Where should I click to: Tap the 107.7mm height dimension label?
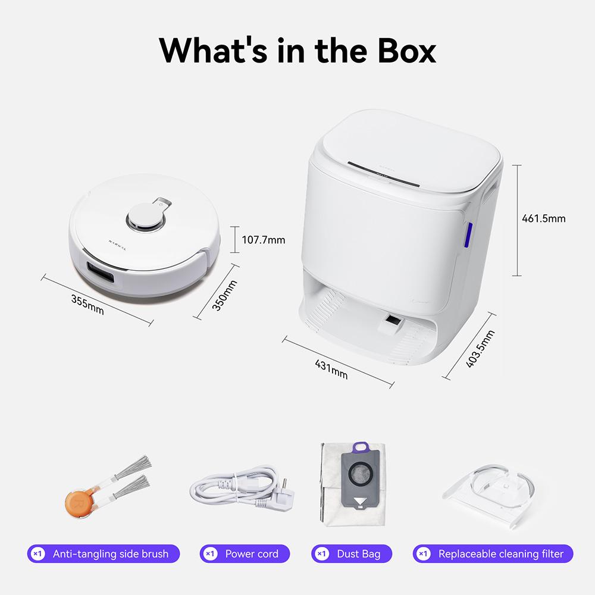click(264, 240)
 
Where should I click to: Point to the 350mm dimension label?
click(224, 296)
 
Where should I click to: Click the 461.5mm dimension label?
click(543, 218)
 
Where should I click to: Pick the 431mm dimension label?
click(331, 367)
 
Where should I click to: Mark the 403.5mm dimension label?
click(480, 349)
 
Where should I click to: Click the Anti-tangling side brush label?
click(110, 554)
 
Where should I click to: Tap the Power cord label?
click(251, 554)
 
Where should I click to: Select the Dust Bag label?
click(358, 554)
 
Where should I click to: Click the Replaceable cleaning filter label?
click(500, 554)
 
